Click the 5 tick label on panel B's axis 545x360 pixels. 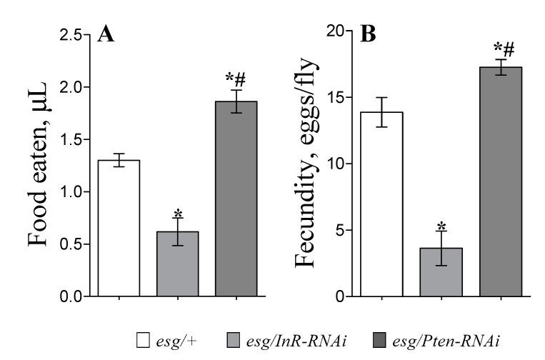tap(342, 230)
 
